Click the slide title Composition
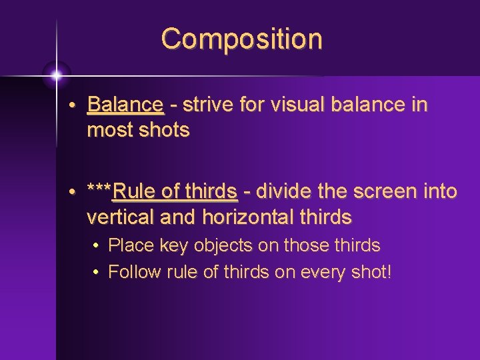point(241,39)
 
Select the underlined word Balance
point(125,105)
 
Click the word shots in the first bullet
point(164,130)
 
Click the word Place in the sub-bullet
point(131,246)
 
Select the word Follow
point(134,272)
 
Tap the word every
point(316,272)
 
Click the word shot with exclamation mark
point(369,272)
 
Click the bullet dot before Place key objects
point(97,247)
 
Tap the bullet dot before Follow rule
point(97,273)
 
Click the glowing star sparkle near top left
point(56,75)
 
